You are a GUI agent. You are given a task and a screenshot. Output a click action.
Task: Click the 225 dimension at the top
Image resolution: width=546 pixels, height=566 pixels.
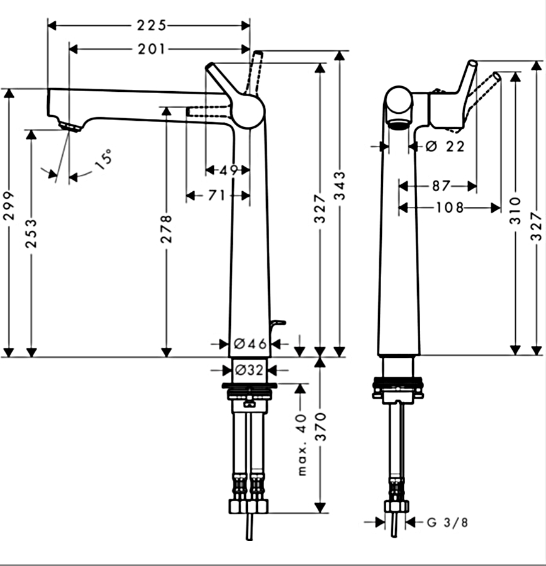[x=151, y=25]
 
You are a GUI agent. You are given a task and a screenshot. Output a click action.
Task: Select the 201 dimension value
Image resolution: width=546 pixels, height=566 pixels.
[x=151, y=49]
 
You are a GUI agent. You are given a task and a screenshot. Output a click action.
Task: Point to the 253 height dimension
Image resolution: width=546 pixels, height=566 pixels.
[x=31, y=233]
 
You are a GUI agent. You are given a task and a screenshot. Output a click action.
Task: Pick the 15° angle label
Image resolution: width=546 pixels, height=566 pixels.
[x=104, y=157]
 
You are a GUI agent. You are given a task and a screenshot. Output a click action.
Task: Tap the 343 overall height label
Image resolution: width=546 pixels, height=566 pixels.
[x=340, y=186]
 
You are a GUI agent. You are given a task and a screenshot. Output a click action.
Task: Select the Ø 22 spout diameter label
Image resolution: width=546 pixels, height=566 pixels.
[x=445, y=147]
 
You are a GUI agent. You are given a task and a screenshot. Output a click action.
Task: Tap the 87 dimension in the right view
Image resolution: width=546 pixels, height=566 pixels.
[x=442, y=186]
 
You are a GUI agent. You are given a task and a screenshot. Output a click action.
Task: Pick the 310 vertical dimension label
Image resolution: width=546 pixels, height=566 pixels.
[x=515, y=211]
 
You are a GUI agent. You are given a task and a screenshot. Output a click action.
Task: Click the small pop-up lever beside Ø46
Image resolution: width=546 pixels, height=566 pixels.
[x=277, y=324]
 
